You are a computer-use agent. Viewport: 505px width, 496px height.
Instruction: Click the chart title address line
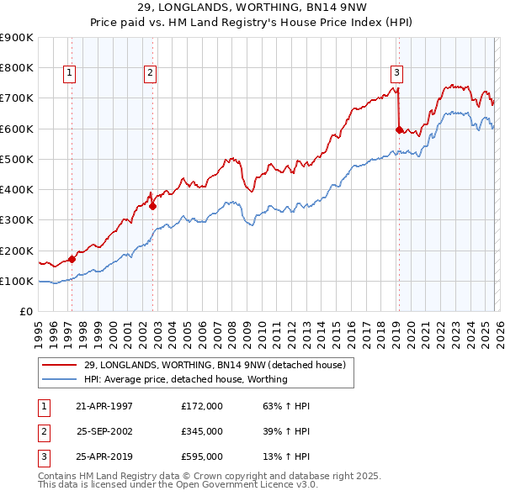click(252, 9)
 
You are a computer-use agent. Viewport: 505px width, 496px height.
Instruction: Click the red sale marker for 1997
click(72, 259)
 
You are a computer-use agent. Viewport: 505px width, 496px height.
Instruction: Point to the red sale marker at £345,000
click(152, 206)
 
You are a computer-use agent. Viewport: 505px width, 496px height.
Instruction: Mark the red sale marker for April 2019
click(399, 129)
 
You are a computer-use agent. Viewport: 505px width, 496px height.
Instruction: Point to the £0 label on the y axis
click(25, 311)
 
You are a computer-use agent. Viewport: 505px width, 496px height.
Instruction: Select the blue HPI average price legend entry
click(185, 379)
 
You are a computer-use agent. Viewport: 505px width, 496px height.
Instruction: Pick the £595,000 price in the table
click(202, 456)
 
